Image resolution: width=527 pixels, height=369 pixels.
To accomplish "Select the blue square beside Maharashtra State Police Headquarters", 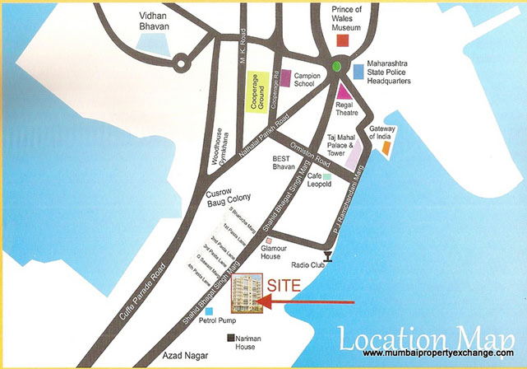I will coord(358,72).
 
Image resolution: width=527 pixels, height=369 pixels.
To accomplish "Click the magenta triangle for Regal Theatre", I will coord(344,91).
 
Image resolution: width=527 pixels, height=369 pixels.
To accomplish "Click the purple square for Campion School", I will coord(285,78).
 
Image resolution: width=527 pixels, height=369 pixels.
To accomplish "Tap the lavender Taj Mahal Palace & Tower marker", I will coord(351,154).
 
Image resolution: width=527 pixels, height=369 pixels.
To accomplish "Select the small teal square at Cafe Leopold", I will coord(326,177).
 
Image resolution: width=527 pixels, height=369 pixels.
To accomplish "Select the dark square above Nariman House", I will coord(233,338).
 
